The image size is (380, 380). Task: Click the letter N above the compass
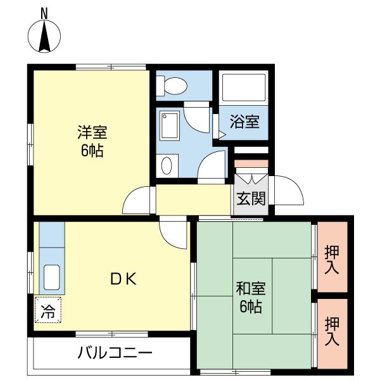45,12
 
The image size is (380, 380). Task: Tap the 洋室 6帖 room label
92,142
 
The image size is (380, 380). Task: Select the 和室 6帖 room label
251,298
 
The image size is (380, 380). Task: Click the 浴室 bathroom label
244,122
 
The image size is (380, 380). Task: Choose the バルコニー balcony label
115,352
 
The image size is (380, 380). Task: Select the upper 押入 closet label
332,258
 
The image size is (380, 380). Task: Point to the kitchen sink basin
51,277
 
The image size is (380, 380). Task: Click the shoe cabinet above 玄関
251,165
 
